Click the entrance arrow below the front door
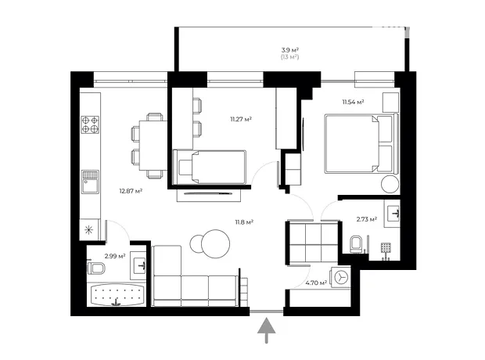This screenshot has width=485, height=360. tap(266, 330)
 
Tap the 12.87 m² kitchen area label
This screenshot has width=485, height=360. tap(131, 191)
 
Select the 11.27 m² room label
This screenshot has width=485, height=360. tap(241, 119)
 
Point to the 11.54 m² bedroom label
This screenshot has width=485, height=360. tap(353, 102)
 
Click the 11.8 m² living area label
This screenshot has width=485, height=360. tap(244, 222)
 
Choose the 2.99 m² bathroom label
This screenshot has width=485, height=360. tap(115, 256)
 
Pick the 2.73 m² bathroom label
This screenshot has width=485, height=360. tap(367, 219)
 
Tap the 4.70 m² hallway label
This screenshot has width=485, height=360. tap(316, 283)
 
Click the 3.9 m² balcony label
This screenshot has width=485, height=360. tap(289, 50)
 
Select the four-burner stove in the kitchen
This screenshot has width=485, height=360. tap(90, 124)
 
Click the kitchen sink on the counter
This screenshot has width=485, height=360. tap(90, 182)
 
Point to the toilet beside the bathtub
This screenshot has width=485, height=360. tap(96, 268)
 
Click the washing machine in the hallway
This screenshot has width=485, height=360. tap(340, 277)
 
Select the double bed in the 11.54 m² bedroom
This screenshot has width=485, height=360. tap(361, 143)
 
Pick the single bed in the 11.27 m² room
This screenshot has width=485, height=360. tap(210, 167)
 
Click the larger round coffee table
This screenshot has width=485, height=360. tap(215, 243)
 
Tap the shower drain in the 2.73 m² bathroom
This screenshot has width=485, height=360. tap(386, 247)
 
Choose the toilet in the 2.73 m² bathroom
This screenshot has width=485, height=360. tap(356, 244)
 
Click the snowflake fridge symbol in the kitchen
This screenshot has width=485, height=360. tap(89, 229)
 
